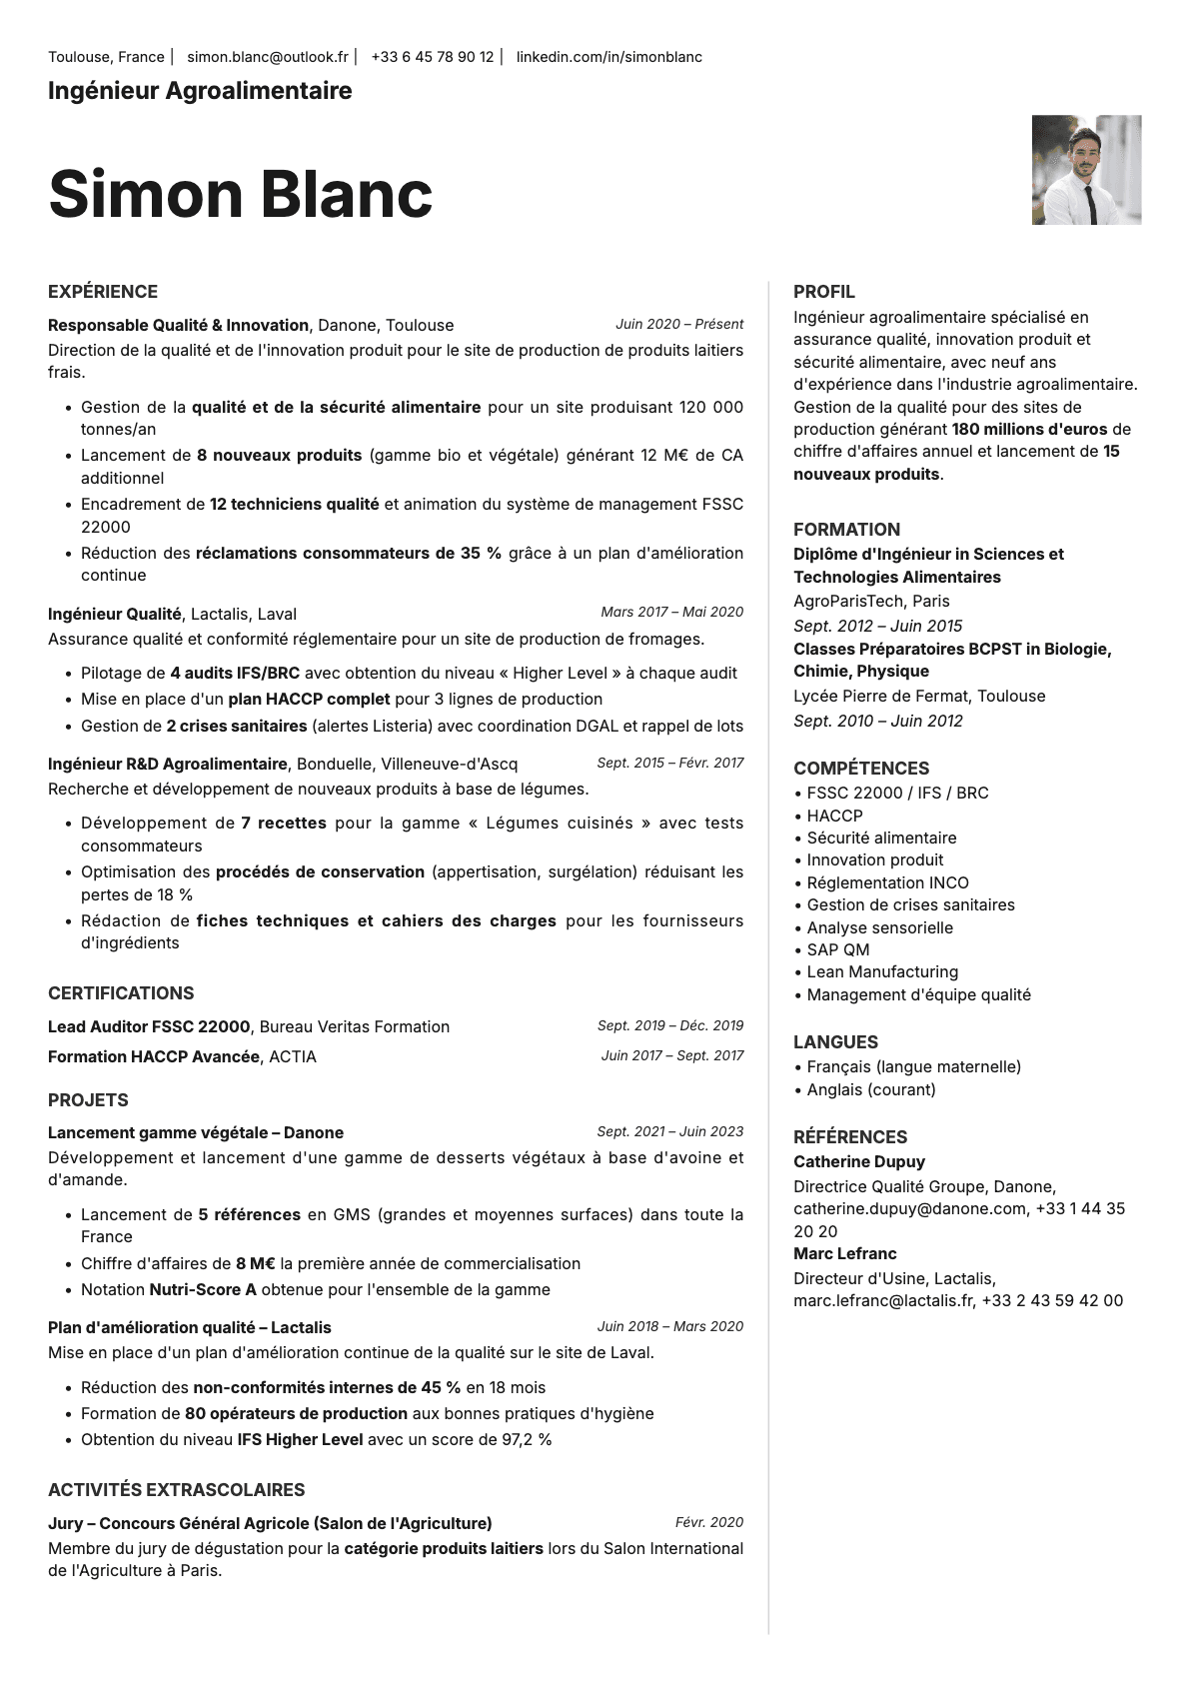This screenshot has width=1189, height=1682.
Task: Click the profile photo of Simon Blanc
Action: [x=1086, y=170]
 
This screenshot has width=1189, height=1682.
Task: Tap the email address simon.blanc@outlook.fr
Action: [x=268, y=57]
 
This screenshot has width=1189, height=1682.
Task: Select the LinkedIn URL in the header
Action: [x=608, y=57]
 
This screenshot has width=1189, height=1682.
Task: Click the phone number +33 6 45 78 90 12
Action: [x=432, y=57]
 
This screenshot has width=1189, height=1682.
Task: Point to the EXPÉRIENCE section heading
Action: [x=103, y=292]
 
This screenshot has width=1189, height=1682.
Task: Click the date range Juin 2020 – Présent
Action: [x=679, y=324]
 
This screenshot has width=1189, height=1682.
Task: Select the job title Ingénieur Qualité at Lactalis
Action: [x=115, y=614]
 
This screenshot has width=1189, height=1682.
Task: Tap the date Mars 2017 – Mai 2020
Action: [x=671, y=612]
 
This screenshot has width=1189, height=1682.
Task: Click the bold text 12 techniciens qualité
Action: [x=294, y=505]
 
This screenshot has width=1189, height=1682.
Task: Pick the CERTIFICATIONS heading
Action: [x=121, y=993]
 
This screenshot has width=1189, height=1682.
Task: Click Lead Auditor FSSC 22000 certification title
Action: [x=149, y=1026]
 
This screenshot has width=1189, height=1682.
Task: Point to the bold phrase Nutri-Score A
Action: [x=203, y=1289]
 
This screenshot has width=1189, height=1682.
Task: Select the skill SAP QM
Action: [x=837, y=949]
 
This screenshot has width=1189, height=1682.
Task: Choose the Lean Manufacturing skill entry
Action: [x=881, y=971]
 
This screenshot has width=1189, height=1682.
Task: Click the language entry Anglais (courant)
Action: [x=870, y=1089]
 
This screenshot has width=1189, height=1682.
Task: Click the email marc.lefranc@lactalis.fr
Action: [x=883, y=1300]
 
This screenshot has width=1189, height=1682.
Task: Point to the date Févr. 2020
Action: [x=709, y=1522]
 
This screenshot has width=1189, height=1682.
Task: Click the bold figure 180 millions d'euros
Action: [x=1029, y=429]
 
